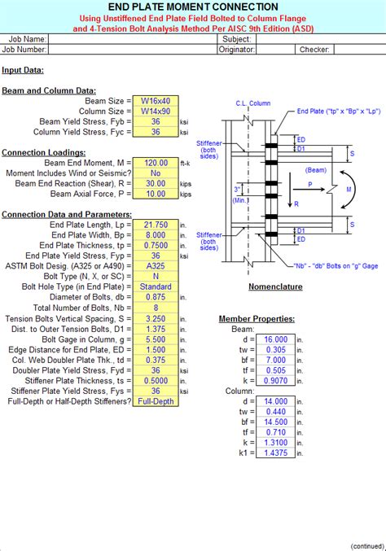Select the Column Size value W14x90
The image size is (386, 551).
point(155,110)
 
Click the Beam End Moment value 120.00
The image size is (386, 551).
point(155,163)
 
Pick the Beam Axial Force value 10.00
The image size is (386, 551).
point(155,195)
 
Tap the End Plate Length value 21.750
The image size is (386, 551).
point(155,224)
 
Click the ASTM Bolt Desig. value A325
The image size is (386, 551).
point(155,265)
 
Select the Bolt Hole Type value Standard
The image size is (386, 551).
point(155,286)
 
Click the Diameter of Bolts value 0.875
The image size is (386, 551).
point(155,297)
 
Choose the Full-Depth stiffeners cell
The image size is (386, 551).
point(155,401)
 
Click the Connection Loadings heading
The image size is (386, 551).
point(42,152)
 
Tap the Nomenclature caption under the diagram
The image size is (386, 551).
point(274,287)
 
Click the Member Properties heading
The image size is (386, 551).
point(257,318)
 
